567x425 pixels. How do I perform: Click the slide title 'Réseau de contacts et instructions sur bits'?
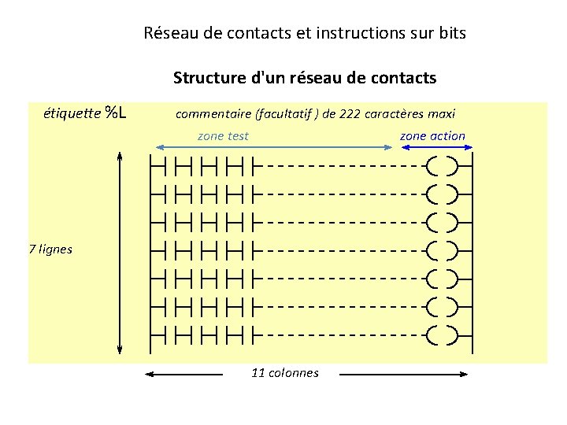(x=306, y=33)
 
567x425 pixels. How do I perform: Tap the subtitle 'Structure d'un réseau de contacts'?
(x=305, y=78)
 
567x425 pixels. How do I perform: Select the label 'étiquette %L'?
(x=86, y=113)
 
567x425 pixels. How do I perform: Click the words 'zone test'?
(x=223, y=136)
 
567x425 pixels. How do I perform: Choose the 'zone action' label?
(x=432, y=136)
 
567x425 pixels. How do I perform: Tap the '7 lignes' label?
(x=50, y=249)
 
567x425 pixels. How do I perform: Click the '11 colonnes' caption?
(x=285, y=373)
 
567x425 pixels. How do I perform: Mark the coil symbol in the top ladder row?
(x=442, y=167)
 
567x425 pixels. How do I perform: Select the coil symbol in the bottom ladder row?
(x=442, y=334)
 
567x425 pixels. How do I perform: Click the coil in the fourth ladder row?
(x=442, y=250)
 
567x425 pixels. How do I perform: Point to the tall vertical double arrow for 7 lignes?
(x=120, y=252)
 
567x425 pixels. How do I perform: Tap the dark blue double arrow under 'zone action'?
(x=432, y=147)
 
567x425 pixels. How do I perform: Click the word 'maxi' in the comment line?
(x=442, y=113)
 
